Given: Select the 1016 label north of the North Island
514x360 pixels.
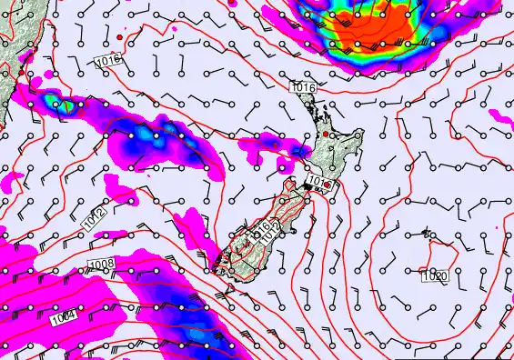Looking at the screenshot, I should pos(305,86).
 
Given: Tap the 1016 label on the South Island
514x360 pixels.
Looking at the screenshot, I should pos(262,227).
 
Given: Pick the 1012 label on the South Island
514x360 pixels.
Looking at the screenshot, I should pos(272,233).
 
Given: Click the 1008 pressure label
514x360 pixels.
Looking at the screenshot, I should pos(101,265).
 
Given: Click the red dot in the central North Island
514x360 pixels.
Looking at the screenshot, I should pos(324,135).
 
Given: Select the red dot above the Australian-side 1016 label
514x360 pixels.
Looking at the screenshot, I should pos(119,36).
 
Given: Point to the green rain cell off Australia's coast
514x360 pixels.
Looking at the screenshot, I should pos(65,105).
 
